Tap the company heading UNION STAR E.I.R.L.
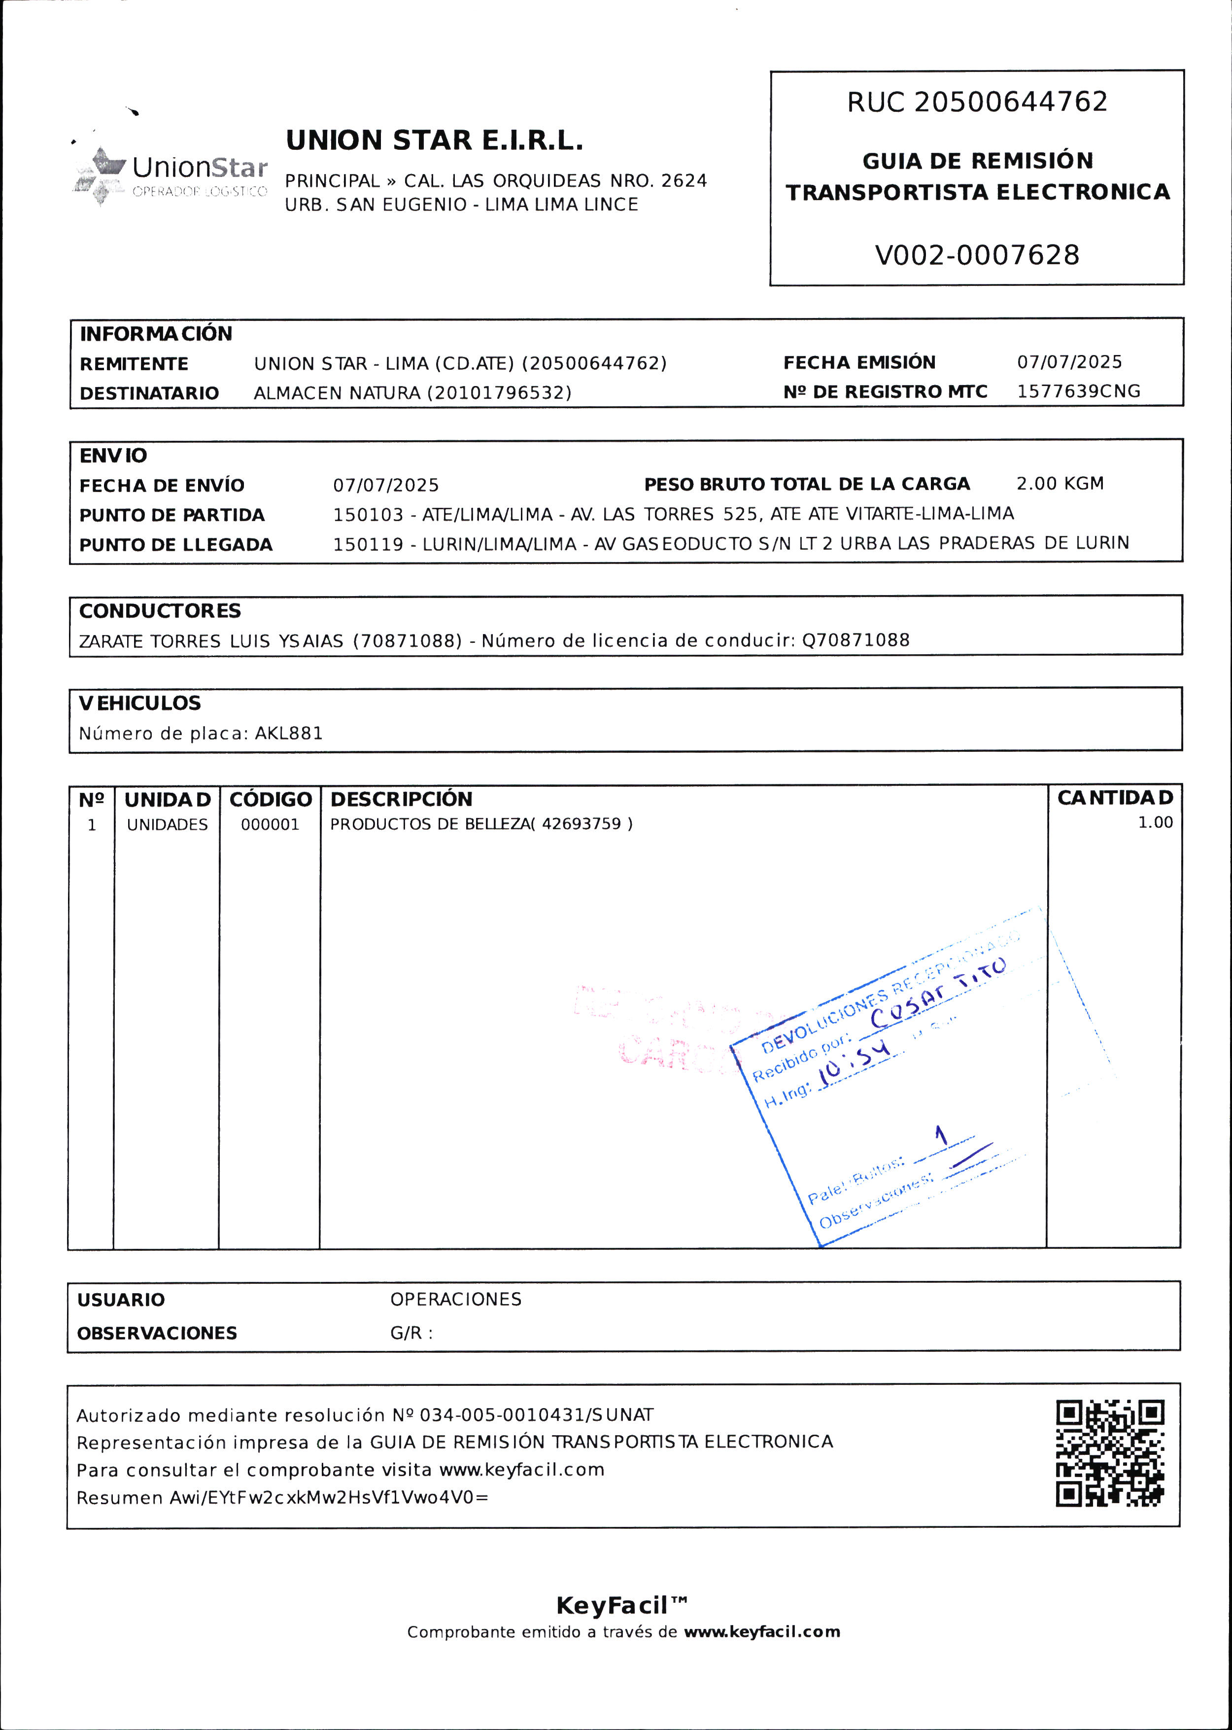point(434,141)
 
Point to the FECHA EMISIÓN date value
point(1069,362)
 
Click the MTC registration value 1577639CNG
point(1078,391)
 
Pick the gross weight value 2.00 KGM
point(1060,483)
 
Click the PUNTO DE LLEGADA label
point(175,545)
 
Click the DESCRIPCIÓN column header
point(401,799)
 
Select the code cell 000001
point(270,825)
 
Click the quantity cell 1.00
point(1155,822)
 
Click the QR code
point(1110,1453)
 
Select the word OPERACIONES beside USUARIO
point(456,1299)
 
